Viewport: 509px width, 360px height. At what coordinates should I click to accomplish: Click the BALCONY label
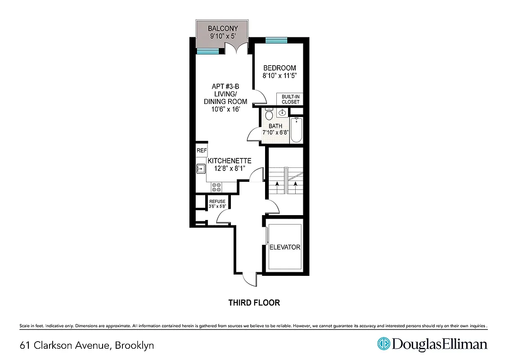point(223,28)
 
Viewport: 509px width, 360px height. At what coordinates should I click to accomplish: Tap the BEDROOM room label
point(279,68)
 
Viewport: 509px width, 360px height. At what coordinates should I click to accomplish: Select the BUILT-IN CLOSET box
point(290,99)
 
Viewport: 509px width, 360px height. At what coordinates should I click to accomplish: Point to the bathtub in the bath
point(296,130)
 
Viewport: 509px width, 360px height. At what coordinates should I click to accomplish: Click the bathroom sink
point(282,112)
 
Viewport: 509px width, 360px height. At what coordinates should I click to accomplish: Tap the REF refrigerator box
point(202,151)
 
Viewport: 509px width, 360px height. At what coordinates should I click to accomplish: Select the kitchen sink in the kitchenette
point(201,169)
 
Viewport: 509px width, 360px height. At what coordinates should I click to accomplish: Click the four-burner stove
point(216,187)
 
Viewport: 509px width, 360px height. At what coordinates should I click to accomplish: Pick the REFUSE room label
point(217,201)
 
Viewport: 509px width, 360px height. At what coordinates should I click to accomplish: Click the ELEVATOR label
point(284,247)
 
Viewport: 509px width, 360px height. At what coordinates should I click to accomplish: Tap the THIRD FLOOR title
point(254,303)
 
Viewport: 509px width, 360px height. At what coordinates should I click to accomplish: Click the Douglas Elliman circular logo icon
point(383,344)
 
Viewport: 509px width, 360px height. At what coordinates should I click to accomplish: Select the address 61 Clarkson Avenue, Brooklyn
point(87,346)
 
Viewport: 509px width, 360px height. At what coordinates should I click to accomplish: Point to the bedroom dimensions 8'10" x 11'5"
point(279,76)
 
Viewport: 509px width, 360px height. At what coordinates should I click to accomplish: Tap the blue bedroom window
point(276,40)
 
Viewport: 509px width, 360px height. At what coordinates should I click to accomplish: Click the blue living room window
point(207,51)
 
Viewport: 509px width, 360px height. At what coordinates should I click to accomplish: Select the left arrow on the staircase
point(277,184)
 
